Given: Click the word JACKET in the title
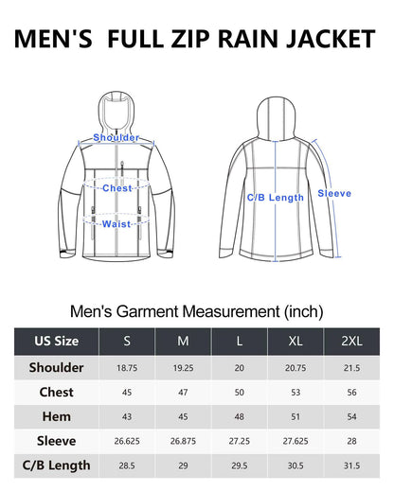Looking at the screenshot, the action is point(331,39).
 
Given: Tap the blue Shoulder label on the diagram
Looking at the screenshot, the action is point(116,137).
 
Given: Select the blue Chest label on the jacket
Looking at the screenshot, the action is point(117,188).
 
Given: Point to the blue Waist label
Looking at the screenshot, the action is point(116,224).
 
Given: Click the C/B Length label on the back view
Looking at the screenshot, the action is point(276,198).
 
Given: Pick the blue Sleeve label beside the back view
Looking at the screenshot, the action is point(334,193).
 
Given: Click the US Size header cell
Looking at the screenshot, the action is point(57,341).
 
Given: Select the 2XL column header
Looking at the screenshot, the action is point(351,341).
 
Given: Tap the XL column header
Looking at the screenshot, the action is point(295,341).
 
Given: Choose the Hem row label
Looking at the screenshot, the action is point(57,416).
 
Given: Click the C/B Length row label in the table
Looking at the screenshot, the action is point(57,466).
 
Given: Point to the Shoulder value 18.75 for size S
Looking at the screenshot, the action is point(127,368).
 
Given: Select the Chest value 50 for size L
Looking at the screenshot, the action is point(240,393).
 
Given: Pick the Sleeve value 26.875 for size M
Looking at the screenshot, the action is point(183,441).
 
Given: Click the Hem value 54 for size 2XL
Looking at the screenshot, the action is point(351,416).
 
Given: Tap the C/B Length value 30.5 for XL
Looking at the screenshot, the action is point(295,466).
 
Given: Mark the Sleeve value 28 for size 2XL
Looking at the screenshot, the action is point(351,441).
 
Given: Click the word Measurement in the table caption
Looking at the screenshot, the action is point(231,311).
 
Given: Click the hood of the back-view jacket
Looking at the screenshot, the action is point(276,118).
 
